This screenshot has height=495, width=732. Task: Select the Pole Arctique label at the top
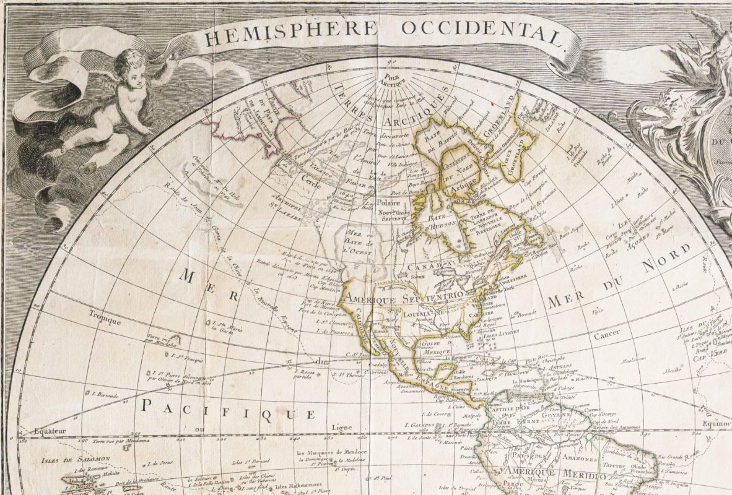pyautogui.click(x=392, y=80)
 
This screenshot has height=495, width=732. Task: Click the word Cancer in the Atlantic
pyautogui.click(x=607, y=337)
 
